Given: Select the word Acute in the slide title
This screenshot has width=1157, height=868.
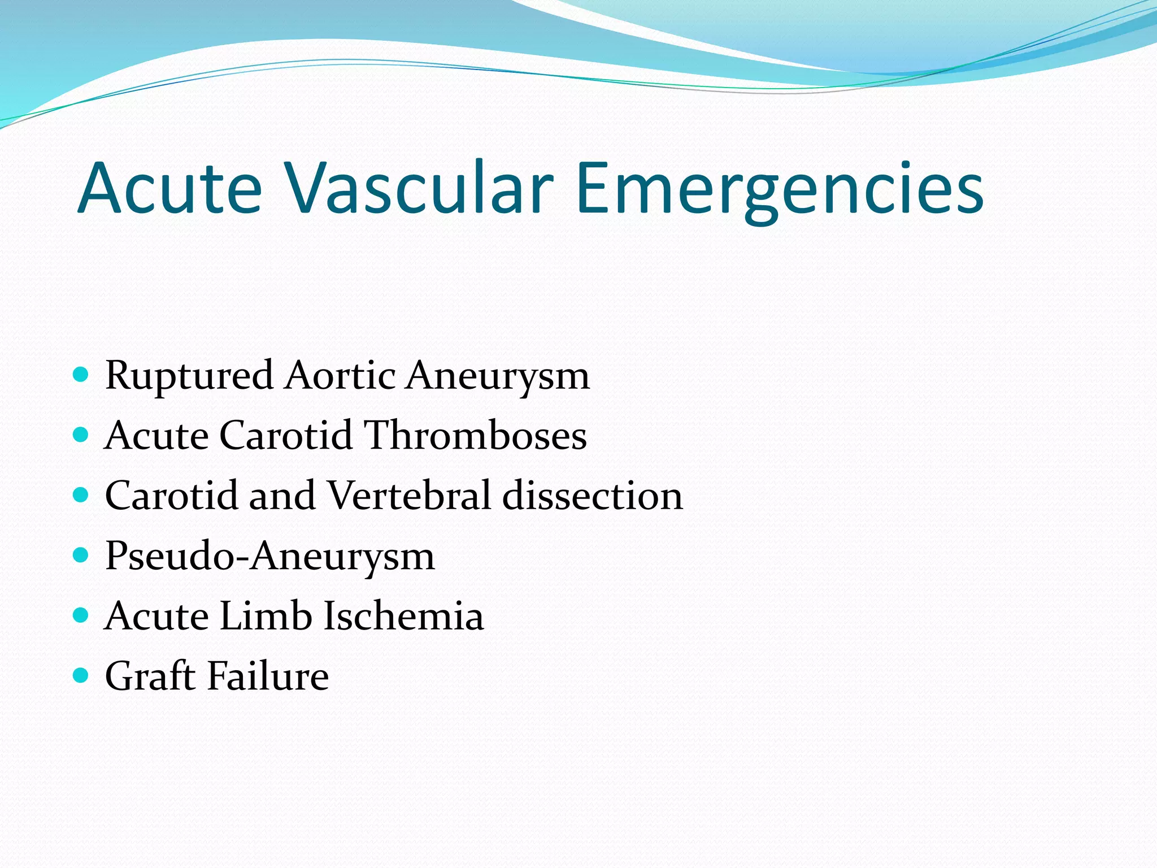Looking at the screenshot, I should coord(169,188).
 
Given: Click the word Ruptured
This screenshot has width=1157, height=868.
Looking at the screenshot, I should coord(189,376).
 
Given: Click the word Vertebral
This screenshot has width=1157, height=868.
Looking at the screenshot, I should coord(409,495).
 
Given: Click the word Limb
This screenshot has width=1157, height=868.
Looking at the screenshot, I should coord(266,615).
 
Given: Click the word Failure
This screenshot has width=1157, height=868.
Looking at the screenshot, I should coord(268,676).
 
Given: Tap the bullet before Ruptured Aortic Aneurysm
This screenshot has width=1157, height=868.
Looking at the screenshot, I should coord(81,375).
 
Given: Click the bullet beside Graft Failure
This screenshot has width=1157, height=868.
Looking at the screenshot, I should coord(81,675).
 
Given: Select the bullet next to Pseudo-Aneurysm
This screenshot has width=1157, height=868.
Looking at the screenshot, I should coord(81,555).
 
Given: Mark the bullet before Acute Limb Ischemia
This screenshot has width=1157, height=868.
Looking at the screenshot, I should coord(81,615).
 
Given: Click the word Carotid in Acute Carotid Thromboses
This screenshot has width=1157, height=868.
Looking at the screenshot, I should coord(285,435).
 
